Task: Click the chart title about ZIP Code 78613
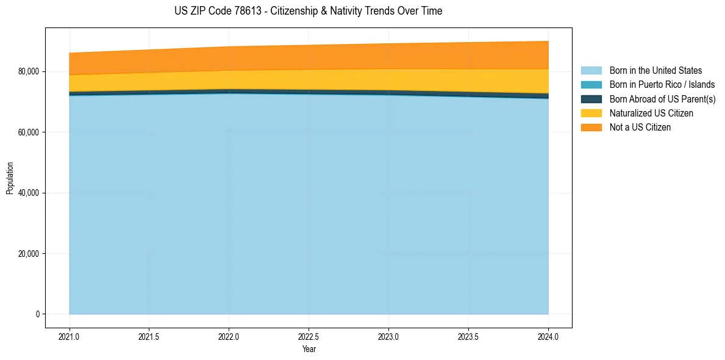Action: coord(308,11)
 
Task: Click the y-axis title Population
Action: coord(10,178)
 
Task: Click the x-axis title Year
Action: coord(309,349)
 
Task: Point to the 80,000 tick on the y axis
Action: coord(28,71)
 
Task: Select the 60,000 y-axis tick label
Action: coord(28,132)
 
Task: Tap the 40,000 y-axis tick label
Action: coord(28,193)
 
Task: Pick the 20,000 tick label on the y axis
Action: coord(28,253)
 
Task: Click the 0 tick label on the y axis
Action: coord(37,314)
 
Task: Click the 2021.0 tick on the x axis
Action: coord(70,336)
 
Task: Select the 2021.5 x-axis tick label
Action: coord(149,336)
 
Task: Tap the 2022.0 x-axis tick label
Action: coord(229,336)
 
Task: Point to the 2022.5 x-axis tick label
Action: coord(309,336)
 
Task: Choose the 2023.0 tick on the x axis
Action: coord(388,336)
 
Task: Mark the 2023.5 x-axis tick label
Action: coord(468,336)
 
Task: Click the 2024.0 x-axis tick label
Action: coord(548,336)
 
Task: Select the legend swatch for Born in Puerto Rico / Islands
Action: coord(591,85)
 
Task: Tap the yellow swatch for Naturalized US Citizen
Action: coord(591,113)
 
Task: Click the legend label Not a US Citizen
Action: coord(640,128)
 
